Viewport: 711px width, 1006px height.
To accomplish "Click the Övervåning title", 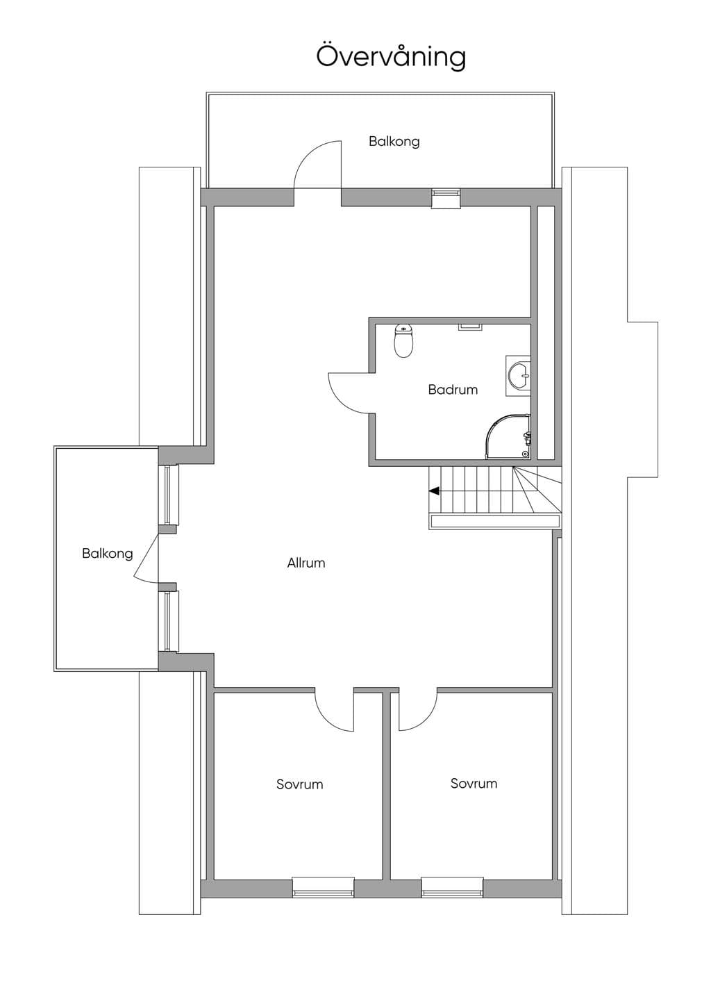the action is point(391,56).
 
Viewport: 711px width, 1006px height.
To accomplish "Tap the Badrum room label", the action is point(453,389).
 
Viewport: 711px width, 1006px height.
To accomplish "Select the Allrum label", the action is point(306,563).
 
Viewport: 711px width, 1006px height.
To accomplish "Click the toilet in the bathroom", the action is point(403,341).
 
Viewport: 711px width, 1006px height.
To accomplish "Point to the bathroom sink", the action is point(519,375).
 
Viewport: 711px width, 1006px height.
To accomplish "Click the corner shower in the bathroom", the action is point(508,436).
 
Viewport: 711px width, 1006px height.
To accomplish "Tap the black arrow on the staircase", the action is point(434,491).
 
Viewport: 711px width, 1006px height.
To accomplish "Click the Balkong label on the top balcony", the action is point(394,142).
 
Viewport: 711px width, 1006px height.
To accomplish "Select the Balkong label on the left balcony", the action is point(108,553).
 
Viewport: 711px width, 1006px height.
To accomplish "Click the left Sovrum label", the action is point(300,784).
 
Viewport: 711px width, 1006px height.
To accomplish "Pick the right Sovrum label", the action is point(474,783).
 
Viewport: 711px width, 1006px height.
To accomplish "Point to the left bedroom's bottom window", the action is point(323,887).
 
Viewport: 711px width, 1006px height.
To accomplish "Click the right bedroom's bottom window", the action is point(453,887).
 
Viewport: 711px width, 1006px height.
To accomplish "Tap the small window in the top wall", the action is point(446,198).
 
